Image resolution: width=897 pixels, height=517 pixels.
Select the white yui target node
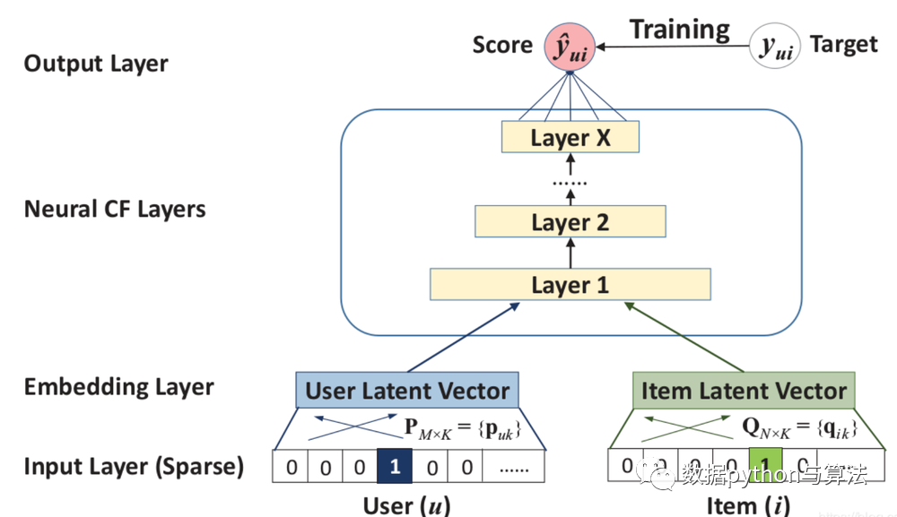coord(775,45)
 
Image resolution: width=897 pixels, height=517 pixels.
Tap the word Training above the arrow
coord(679,29)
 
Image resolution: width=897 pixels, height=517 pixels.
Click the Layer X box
coord(570,138)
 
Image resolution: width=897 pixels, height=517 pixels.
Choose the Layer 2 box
coord(570,222)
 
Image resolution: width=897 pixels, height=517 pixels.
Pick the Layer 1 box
coord(570,285)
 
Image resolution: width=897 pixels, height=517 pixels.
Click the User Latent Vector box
coord(407,391)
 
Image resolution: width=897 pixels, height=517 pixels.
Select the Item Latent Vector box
coord(744,391)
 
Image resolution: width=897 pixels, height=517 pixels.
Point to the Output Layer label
coord(96,64)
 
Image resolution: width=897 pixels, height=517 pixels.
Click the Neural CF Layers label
coord(115,210)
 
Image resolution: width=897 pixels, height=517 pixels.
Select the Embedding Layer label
coord(118,387)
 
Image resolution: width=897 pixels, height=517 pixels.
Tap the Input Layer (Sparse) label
coord(134,467)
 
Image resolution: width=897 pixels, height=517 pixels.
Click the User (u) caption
coord(406,504)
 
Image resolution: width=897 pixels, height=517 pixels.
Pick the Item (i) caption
coord(748,504)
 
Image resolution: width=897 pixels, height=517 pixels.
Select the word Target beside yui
coord(843,44)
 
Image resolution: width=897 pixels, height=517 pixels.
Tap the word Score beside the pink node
coord(502,45)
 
